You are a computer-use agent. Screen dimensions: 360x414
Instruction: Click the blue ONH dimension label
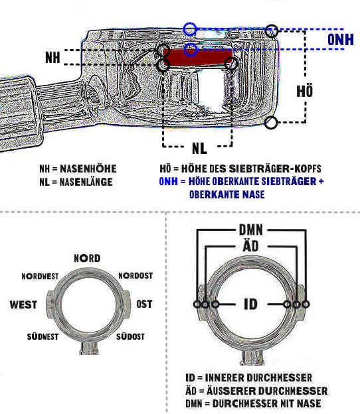(341, 40)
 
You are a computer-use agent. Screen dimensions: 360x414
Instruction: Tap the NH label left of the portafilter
(52, 57)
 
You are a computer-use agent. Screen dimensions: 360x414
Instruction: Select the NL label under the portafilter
(199, 148)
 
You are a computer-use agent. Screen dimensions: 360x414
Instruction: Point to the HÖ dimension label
(304, 90)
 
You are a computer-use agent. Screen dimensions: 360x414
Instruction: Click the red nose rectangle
(198, 57)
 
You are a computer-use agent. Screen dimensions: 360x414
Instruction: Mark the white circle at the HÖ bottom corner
(270, 123)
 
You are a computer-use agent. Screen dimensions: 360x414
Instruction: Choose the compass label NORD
(87, 258)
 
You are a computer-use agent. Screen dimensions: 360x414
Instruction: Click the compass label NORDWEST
(40, 276)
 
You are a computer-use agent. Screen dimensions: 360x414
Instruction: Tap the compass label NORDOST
(135, 275)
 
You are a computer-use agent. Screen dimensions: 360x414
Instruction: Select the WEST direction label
(23, 305)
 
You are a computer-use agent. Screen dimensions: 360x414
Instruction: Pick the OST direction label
(144, 304)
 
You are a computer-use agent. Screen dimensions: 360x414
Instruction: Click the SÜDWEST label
(43, 336)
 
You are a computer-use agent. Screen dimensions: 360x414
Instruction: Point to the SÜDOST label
(130, 336)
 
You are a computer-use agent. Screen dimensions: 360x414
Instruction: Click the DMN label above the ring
(251, 230)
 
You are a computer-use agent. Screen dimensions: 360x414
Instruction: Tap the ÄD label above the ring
(250, 245)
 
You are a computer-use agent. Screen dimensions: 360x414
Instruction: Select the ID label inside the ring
(250, 304)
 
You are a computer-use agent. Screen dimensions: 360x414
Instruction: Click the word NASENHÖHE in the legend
(88, 169)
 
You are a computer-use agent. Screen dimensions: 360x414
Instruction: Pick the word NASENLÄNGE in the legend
(86, 182)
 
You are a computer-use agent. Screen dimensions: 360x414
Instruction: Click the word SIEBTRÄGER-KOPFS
(275, 169)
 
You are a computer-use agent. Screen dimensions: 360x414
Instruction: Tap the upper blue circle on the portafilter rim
(190, 29)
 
